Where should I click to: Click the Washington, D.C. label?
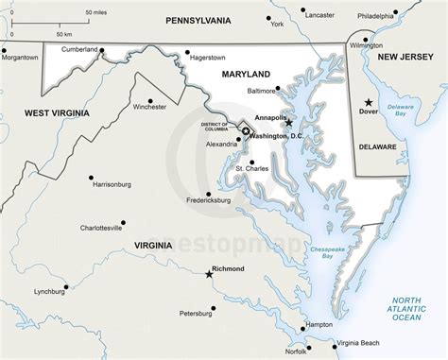[278, 136]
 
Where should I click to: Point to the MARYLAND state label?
[246, 74]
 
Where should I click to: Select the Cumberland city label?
[80, 48]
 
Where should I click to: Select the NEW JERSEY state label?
[405, 58]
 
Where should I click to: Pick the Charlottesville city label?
[100, 228]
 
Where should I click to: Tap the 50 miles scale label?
[95, 11]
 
